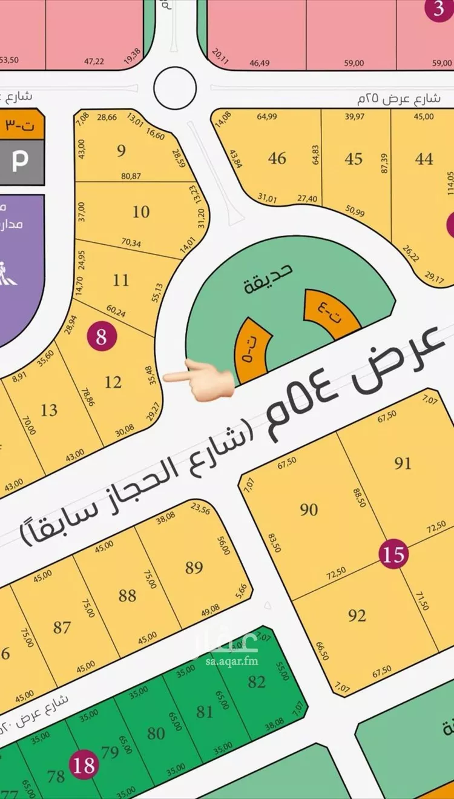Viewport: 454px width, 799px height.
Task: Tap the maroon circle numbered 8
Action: click(x=101, y=336)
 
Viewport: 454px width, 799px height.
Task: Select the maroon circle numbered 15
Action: click(x=393, y=554)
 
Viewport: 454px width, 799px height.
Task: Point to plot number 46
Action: click(x=277, y=158)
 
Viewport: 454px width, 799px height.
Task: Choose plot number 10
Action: click(x=141, y=212)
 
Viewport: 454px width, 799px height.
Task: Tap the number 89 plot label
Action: click(x=194, y=568)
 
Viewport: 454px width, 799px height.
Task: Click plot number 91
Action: click(x=403, y=463)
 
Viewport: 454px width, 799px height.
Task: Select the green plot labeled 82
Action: click(x=257, y=681)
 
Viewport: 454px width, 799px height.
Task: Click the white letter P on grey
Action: click(x=20, y=162)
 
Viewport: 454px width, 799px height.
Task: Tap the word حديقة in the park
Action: click(x=268, y=278)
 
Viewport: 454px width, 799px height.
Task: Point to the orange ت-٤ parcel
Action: click(x=333, y=313)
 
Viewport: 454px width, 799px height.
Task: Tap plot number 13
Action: click(x=49, y=410)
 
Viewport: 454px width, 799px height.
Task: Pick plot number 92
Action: click(x=357, y=615)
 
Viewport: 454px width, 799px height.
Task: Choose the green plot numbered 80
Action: click(x=156, y=733)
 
